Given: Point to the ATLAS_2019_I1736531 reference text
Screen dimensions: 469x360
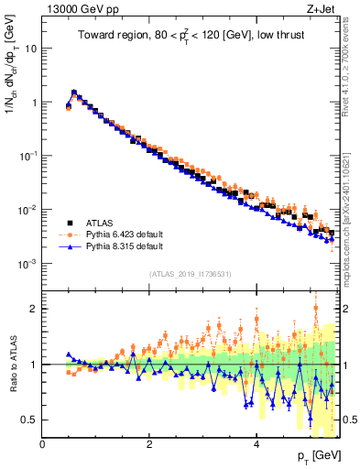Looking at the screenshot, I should [x=190, y=274].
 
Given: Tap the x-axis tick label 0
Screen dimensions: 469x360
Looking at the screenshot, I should [x=42, y=444].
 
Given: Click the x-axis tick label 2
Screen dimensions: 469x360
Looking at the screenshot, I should [x=149, y=444].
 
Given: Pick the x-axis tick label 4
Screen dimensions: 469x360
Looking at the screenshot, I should [x=256, y=444].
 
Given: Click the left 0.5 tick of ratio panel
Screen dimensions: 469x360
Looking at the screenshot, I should [x=28, y=420].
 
